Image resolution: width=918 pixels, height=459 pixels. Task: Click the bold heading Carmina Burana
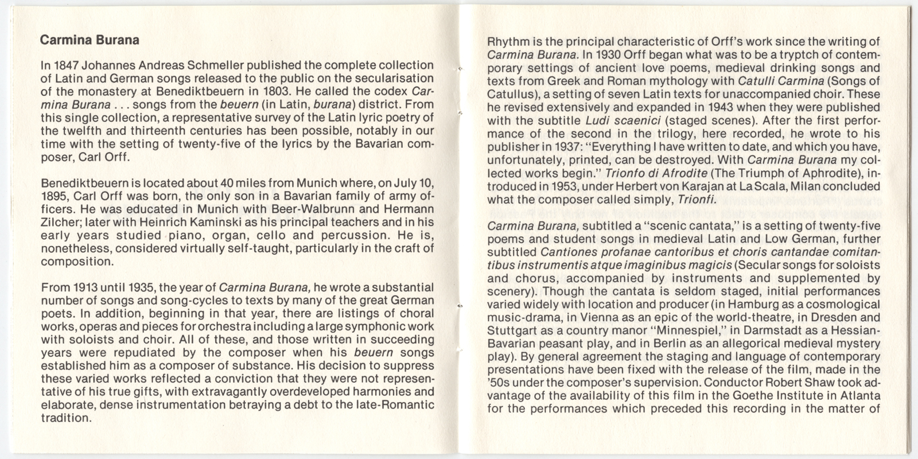[x=90, y=40]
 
